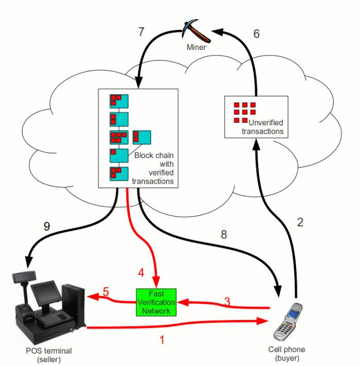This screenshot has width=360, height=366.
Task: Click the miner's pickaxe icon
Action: click(196, 31)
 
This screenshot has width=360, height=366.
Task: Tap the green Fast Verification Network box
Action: click(156, 302)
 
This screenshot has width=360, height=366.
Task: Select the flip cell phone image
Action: click(288, 322)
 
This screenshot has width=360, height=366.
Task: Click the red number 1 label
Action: click(162, 340)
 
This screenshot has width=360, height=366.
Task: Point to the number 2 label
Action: click(300, 222)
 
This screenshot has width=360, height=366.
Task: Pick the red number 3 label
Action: click(227, 302)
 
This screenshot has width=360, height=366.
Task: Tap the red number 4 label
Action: click(141, 272)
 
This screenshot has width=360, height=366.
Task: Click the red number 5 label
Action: click(106, 292)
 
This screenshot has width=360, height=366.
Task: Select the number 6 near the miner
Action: click(256, 34)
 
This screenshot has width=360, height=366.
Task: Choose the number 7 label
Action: click(141, 32)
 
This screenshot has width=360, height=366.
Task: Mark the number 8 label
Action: click(224, 234)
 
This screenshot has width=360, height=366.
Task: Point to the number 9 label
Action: click(47, 226)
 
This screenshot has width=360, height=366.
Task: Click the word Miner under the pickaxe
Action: click(196, 47)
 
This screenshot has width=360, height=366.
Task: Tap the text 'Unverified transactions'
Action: click(263, 127)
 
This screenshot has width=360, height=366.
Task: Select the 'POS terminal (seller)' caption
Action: click(49, 355)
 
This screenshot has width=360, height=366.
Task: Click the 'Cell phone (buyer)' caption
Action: click(286, 354)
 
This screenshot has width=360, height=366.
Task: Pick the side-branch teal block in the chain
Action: click(142, 137)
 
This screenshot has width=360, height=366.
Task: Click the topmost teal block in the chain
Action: click(119, 101)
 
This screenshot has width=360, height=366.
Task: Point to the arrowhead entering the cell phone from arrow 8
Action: click(278, 291)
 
